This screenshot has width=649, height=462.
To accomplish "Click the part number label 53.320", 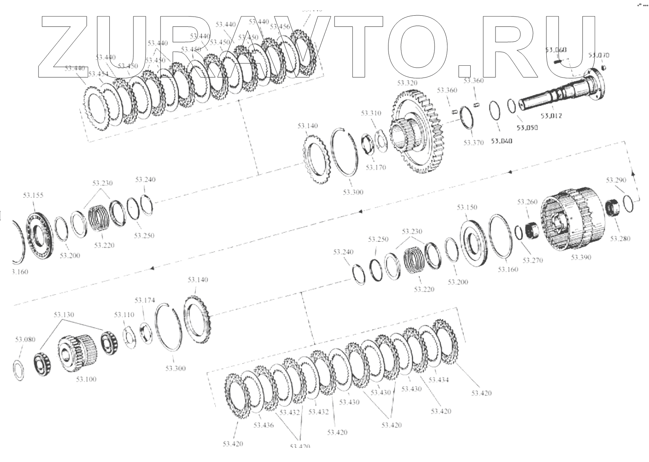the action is [407, 83].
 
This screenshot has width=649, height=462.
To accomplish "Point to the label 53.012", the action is [551, 116].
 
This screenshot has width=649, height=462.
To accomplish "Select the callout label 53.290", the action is [616, 180].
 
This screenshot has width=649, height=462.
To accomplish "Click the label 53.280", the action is [620, 238].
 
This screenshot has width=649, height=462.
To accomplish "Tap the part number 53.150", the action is [467, 207].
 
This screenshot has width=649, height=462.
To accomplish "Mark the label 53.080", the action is [25, 339].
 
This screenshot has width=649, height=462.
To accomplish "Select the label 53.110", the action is [124, 315].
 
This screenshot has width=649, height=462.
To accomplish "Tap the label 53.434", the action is [438, 380].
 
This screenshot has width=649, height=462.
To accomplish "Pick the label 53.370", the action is [473, 142].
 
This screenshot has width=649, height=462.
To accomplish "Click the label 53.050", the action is [527, 128].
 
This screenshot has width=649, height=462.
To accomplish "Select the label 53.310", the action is [371, 113].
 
